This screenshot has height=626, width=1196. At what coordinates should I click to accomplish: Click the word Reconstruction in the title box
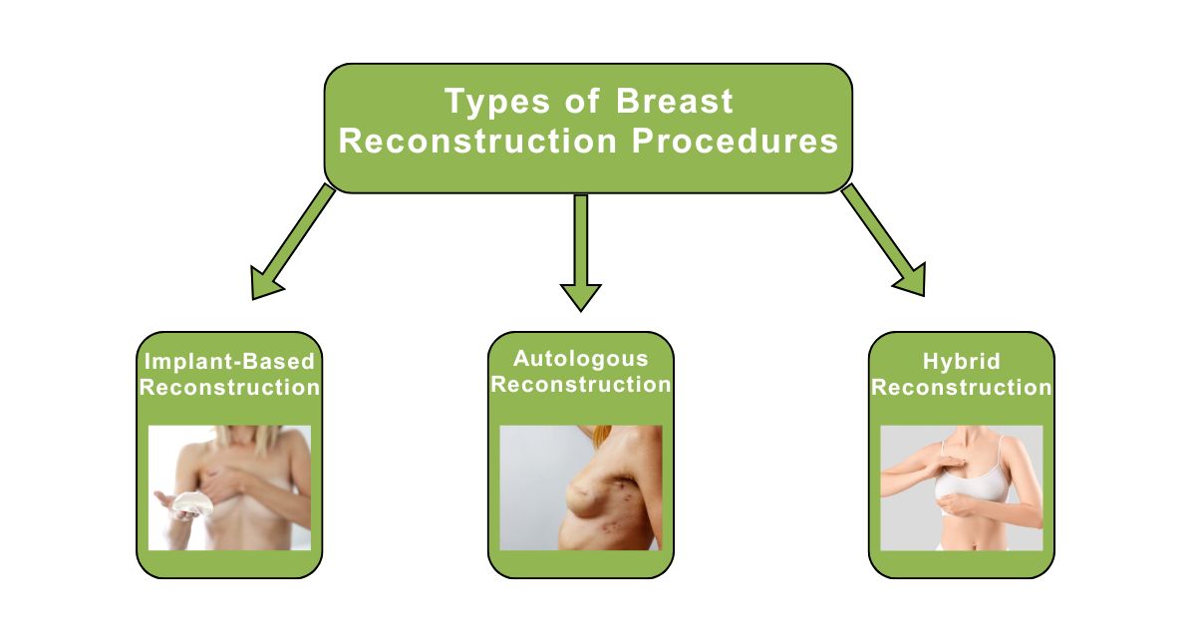pyautogui.click(x=477, y=142)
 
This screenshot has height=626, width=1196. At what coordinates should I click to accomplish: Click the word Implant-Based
pyautogui.click(x=228, y=361)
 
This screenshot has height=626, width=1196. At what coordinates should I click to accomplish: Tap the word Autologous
pyautogui.click(x=580, y=358)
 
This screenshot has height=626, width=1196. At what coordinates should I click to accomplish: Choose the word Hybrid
pyautogui.click(x=961, y=361)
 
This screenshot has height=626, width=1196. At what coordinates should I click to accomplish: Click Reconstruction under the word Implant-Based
pyautogui.click(x=229, y=387)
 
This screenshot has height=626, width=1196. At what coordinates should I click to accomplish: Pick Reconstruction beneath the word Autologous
pyautogui.click(x=580, y=384)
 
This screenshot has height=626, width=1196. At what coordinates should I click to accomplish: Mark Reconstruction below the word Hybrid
pyautogui.click(x=961, y=387)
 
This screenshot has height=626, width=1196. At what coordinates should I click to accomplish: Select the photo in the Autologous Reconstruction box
pyautogui.click(x=580, y=487)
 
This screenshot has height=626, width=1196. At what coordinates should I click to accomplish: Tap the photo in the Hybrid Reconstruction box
pyautogui.click(x=961, y=487)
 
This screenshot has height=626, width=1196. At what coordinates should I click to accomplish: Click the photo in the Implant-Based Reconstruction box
pyautogui.click(x=229, y=487)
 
